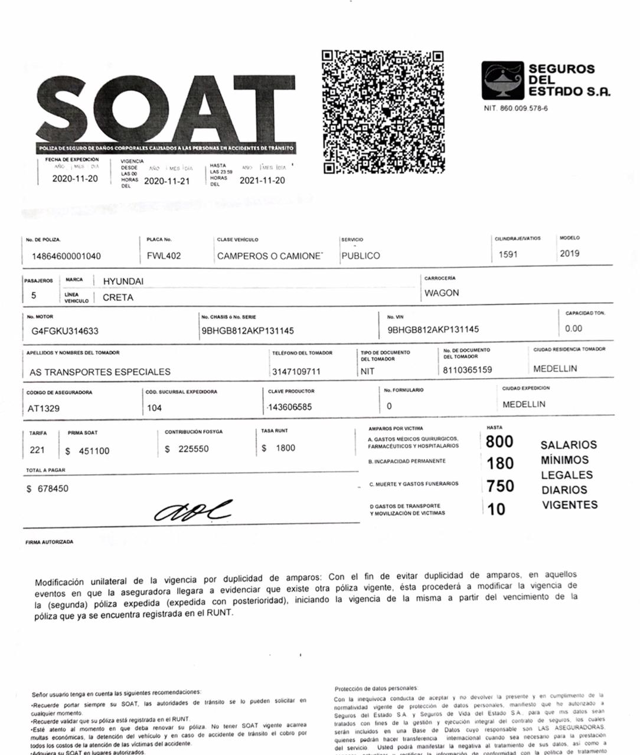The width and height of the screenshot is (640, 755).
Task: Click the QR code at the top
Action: [x=383, y=111]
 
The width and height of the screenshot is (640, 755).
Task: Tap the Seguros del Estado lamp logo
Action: [x=502, y=80]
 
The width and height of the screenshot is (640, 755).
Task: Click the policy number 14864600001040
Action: [x=66, y=257]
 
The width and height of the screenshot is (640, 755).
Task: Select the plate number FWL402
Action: [x=164, y=256]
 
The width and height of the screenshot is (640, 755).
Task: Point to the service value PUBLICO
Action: [x=360, y=256]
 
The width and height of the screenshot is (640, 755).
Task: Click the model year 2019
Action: [x=569, y=254]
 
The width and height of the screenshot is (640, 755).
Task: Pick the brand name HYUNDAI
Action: [x=123, y=281]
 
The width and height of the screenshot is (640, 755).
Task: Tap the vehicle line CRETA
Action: [x=117, y=297]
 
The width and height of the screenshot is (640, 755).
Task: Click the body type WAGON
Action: [x=441, y=293]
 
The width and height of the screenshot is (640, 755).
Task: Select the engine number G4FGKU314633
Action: [x=65, y=331]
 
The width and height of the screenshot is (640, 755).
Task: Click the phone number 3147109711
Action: [x=296, y=372]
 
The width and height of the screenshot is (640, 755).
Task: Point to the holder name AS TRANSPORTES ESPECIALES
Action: [x=100, y=372]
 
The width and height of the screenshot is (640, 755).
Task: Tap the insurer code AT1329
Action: [x=44, y=408]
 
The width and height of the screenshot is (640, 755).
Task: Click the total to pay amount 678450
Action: [x=53, y=489]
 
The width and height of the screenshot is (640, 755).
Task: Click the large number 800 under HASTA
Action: [x=499, y=442]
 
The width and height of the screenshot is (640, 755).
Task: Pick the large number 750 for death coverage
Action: [x=500, y=486]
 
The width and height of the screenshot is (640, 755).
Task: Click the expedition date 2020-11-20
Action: [x=75, y=179]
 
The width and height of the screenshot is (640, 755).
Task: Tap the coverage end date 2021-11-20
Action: [x=262, y=180]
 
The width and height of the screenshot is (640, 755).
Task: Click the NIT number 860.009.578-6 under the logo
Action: [x=515, y=109]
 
